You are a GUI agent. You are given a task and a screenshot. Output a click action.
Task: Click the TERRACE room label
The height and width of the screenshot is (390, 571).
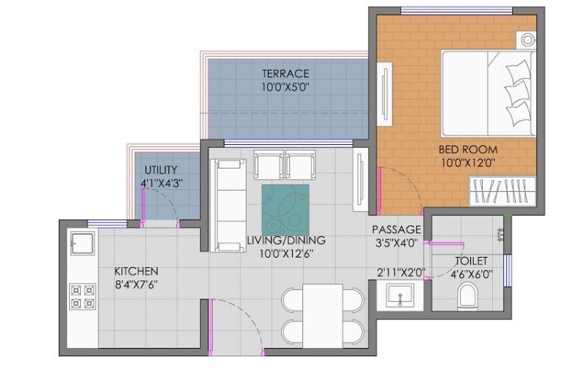coord(285,74)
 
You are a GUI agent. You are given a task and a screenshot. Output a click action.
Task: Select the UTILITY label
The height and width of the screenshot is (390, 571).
coord(160,170)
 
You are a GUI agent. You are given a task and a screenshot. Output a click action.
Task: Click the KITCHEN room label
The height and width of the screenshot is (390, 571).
coord(136,271)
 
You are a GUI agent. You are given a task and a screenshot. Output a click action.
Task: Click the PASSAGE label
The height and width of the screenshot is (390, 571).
coord(396,229)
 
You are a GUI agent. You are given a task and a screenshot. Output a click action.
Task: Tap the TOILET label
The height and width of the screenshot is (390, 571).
coord(471,260)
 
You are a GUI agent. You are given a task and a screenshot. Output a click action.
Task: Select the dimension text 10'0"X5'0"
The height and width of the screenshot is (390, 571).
coord(285,87)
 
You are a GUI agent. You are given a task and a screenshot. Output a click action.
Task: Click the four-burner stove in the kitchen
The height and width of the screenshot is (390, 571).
coord(83,296)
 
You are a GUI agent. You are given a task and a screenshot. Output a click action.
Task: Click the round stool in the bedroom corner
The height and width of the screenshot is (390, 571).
coord(528,40)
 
